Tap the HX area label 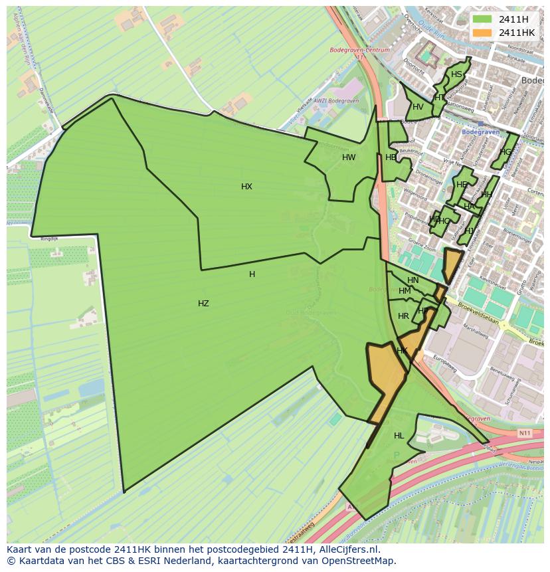click(x=246, y=187)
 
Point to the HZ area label click(x=203, y=304)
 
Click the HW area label click(x=349, y=157)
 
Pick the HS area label click(x=456, y=74)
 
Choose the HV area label click(x=418, y=107)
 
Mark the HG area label click(x=506, y=152)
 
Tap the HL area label click(x=399, y=436)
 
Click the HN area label click(x=413, y=280)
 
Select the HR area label click(x=403, y=316)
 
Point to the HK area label click(x=402, y=351)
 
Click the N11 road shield click(x=525, y=433)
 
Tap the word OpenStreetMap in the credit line click(x=358, y=561)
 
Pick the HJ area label click(x=470, y=231)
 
